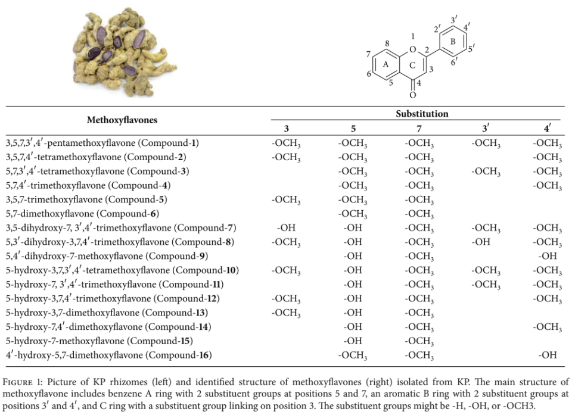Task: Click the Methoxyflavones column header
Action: [122, 120]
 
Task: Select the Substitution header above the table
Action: [422, 114]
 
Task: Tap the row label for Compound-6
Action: [82, 213]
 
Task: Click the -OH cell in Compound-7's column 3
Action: [286, 227]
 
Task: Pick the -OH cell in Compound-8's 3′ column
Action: [486, 242]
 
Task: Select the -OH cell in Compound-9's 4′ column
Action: [548, 256]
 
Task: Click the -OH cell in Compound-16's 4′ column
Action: [548, 355]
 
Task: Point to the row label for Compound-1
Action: [102, 143]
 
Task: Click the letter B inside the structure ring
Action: [453, 42]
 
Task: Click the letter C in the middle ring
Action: [412, 65]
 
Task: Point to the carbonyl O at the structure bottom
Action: [412, 95]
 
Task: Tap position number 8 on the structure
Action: [387, 44]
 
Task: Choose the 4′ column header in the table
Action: [548, 128]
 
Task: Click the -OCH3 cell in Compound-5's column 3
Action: [286, 199]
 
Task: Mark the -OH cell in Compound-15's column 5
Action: [353, 341]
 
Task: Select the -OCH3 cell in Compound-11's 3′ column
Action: [486, 285]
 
